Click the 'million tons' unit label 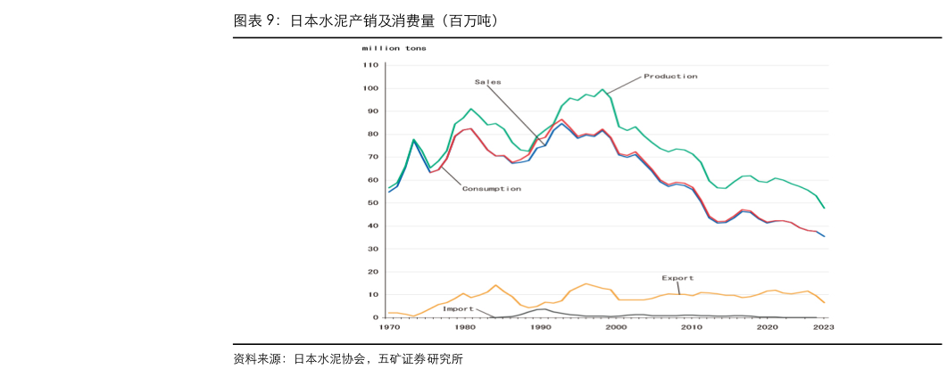click(x=394, y=48)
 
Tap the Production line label click(x=670, y=77)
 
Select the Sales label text click(x=487, y=82)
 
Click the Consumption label click(x=491, y=189)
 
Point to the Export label click(x=677, y=278)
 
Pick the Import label click(x=458, y=308)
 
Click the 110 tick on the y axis click(x=370, y=66)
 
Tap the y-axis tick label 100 click(x=370, y=89)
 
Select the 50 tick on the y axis click(x=373, y=203)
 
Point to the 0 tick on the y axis click(x=376, y=317)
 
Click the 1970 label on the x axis click(x=389, y=328)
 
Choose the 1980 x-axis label click(x=465, y=328)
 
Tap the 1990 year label click(x=541, y=328)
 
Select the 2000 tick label click(x=616, y=328)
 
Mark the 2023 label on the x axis click(x=823, y=328)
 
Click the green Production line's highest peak click(x=602, y=89)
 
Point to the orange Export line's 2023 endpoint click(x=824, y=303)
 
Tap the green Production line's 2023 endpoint click(x=824, y=208)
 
